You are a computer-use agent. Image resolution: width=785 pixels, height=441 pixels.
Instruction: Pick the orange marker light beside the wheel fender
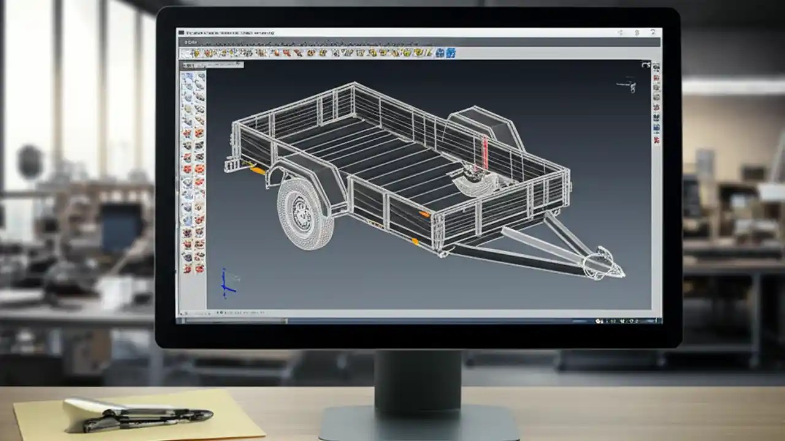(258, 170)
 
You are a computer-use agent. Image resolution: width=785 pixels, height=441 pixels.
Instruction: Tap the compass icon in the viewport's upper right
(627, 85)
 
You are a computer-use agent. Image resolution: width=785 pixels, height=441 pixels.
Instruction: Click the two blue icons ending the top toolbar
(446, 53)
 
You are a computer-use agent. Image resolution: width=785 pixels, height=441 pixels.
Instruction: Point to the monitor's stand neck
(418, 380)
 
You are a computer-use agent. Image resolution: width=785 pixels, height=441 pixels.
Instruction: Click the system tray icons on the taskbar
(626, 320)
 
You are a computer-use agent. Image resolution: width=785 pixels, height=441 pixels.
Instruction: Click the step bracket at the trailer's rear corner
(232, 164)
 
